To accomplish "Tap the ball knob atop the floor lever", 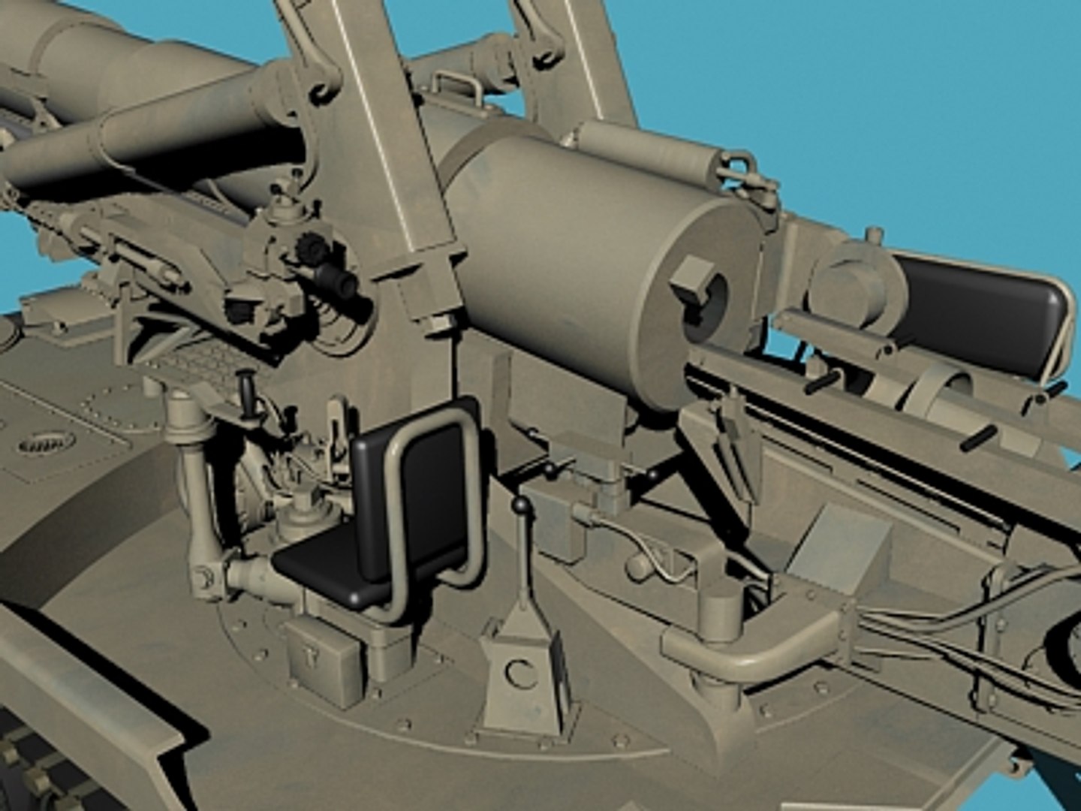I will pos(519,507).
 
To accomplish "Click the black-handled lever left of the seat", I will pos(245,390).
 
